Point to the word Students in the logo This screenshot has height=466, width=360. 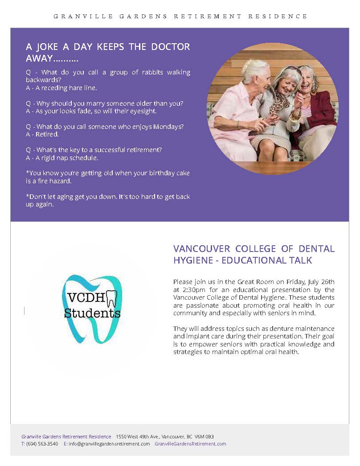pyautogui.click(x=92, y=313)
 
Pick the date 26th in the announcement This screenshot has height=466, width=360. pyautogui.click(x=327, y=281)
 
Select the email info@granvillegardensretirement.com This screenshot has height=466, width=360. pyautogui.click(x=109, y=444)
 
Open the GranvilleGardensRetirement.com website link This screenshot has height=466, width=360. pyautogui.click(x=190, y=444)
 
